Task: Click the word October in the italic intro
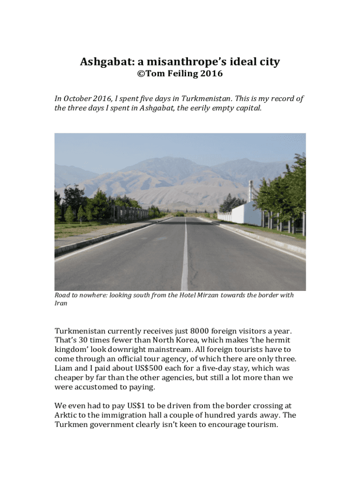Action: coord(80,99)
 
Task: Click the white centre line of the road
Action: coord(185,262)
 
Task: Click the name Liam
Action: coord(64,368)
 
